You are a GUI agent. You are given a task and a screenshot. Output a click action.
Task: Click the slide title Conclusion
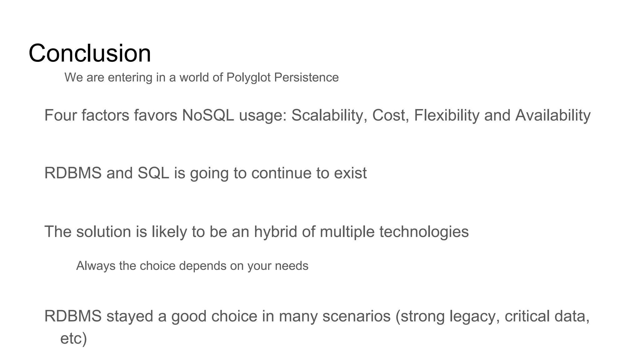90,53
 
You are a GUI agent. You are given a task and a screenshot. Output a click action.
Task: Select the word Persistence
306,77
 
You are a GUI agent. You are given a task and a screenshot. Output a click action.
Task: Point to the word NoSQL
208,115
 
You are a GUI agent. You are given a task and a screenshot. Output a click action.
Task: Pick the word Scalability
329,115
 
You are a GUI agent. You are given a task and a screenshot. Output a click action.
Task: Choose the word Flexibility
447,115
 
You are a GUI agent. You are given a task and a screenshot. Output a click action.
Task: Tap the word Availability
553,115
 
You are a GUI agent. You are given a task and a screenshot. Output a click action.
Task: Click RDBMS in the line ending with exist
73,173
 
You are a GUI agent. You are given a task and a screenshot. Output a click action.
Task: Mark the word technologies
424,232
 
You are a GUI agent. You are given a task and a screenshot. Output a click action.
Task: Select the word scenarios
356,316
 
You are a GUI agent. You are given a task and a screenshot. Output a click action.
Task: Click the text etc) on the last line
73,338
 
